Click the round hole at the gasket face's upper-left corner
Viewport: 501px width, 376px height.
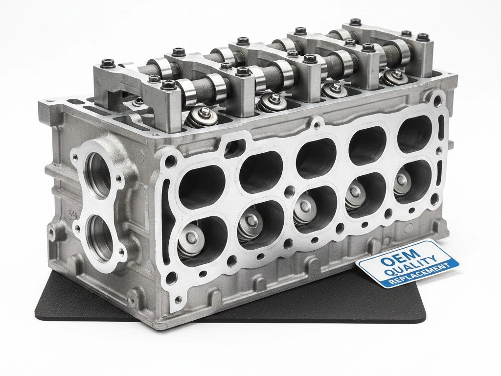pyautogui.click(x=170, y=161)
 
